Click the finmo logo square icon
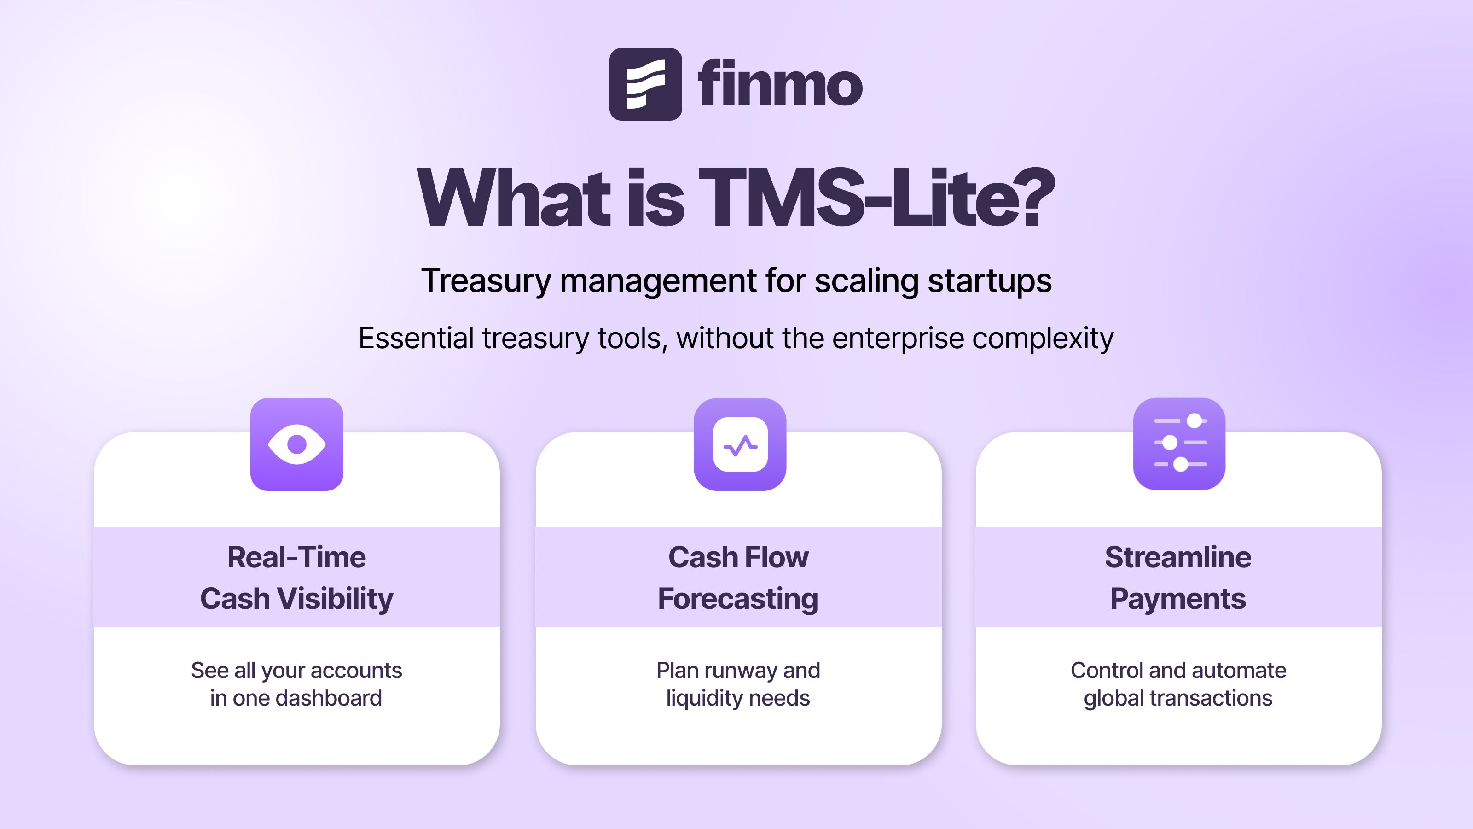pos(645,84)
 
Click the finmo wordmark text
pos(780,84)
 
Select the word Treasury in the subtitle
pos(486,281)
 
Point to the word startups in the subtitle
pos(990,281)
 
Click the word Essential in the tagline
pos(416,338)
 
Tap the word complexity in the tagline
pos(1043,339)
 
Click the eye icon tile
pos(297,444)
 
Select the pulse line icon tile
pos(740,444)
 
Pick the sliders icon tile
pos(1179,444)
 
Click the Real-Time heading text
pos(297,557)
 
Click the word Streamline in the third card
pos(1178,557)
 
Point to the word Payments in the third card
pos(1178,599)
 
